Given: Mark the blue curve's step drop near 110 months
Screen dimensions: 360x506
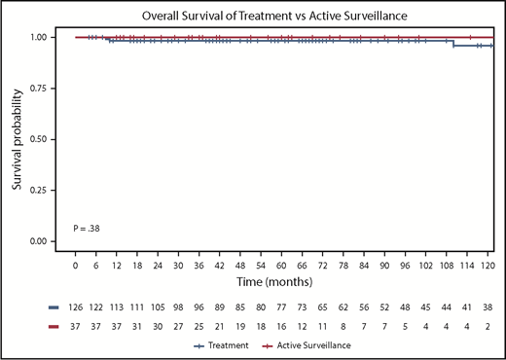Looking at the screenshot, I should (x=452, y=43).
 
